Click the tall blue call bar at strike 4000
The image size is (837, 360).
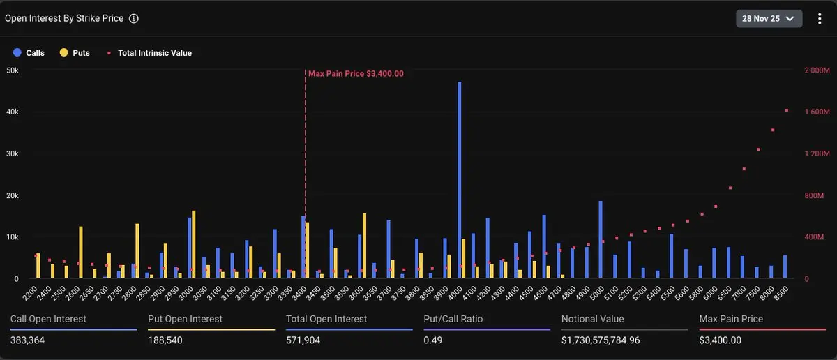coord(460,181)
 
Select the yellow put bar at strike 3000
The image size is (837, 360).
coord(193,245)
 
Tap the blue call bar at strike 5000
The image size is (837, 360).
coord(601,240)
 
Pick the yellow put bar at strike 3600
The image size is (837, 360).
coord(364,246)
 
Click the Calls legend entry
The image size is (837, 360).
coord(29,53)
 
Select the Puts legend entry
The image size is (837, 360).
coord(75,53)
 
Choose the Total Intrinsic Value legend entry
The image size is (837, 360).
coord(149,53)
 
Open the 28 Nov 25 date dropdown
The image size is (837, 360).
coord(769,19)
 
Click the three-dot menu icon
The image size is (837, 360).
coord(820,19)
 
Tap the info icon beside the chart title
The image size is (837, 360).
coord(134,19)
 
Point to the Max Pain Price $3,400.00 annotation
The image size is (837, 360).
coord(356,73)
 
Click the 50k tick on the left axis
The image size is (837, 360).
coord(13,70)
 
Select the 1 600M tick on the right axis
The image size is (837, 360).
coord(817,112)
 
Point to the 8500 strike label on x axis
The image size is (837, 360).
coord(781,292)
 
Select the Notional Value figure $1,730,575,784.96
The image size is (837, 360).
coord(610,340)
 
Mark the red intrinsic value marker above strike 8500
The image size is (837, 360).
coord(787,110)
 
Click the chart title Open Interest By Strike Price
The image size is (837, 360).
coord(64,19)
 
